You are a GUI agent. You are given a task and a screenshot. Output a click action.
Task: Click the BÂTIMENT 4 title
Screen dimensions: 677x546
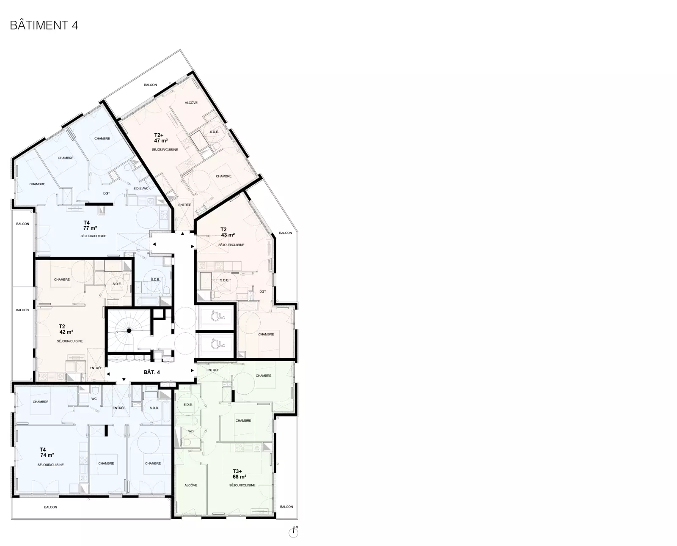[44, 25]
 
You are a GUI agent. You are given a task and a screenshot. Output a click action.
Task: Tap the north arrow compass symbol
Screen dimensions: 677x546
[294, 532]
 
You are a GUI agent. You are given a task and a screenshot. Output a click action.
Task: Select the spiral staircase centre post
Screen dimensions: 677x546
[129, 331]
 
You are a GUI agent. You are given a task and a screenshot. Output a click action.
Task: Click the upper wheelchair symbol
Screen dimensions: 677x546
[216, 316]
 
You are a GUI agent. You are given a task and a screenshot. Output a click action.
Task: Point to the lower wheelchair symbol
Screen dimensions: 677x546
[217, 343]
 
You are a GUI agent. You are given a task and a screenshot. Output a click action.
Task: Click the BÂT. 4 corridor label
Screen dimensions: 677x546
[151, 372]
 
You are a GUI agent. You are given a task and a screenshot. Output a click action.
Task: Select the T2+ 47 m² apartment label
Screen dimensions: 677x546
[161, 138]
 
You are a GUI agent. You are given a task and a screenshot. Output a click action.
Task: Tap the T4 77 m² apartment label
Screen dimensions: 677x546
[90, 225]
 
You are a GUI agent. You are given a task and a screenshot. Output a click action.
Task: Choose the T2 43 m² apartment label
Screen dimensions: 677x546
[228, 232]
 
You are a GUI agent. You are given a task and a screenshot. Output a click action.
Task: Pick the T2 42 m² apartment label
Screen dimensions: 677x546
[66, 329]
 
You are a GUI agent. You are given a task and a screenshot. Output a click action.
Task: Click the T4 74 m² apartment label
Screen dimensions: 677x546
[47, 452]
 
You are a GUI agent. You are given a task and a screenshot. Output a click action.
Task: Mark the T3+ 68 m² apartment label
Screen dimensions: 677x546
[239, 474]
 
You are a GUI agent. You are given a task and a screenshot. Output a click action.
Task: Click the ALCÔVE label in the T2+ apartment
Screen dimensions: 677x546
[191, 103]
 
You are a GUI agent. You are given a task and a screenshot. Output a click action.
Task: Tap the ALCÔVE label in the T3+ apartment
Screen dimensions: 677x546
[191, 485]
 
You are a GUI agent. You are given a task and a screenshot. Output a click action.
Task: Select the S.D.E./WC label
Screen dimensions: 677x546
[140, 188]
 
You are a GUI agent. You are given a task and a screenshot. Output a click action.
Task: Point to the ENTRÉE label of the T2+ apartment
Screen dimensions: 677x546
[184, 205]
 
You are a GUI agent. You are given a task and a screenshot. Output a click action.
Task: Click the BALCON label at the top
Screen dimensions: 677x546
[150, 85]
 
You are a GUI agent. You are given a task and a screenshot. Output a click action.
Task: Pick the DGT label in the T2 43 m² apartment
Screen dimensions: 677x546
[263, 291]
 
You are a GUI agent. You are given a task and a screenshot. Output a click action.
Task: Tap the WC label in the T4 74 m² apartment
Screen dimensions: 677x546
[94, 399]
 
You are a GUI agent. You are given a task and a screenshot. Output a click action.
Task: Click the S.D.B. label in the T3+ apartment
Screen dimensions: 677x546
[188, 404]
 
